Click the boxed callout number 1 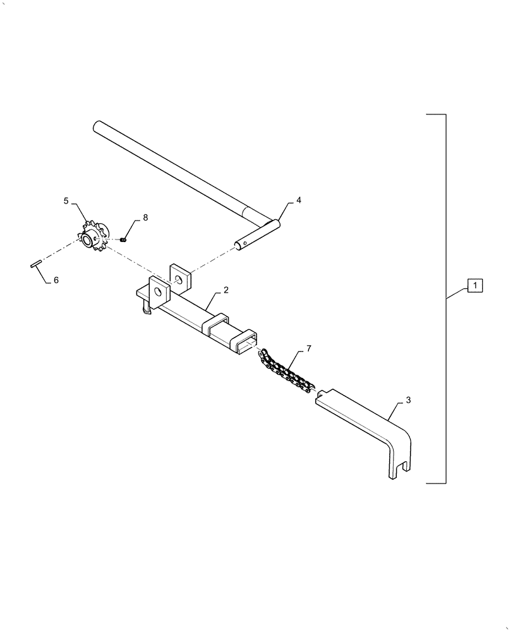tap(474, 286)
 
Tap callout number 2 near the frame tap(226, 289)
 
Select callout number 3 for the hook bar tap(408, 400)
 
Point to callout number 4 tap(298, 200)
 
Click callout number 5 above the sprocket tap(66, 201)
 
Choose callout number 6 tap(56, 279)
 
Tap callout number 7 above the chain tap(308, 348)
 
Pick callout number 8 tap(145, 217)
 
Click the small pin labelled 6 tap(35, 265)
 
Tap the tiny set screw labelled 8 tap(124, 240)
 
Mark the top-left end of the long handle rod tap(97, 126)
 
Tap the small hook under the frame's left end tap(147, 309)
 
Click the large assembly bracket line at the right tap(446, 297)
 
